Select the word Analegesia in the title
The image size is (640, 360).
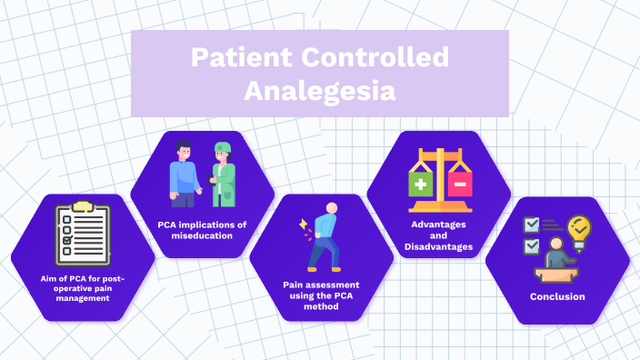pos(320,91)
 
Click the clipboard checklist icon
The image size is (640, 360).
pos(82,233)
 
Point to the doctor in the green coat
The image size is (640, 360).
pos(223,173)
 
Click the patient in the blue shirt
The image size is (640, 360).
pos(185,173)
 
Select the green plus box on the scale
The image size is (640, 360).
pos(421,185)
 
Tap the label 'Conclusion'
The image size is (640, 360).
pos(557,296)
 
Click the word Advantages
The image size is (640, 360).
pos(438,224)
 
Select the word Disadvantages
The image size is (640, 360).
pos(438,246)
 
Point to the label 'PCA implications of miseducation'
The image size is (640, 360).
pos(202,229)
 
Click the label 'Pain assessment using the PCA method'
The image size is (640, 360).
pos(321,295)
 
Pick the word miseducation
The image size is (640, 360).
pos(202,235)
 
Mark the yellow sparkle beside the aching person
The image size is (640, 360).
pos(303,225)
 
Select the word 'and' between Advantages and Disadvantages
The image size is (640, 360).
pos(438,235)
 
